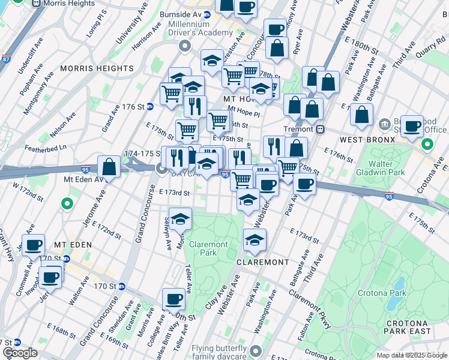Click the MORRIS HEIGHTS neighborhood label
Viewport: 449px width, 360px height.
coord(96,68)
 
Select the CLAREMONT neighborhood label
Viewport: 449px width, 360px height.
coord(262,262)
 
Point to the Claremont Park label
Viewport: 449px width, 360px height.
coord(208,248)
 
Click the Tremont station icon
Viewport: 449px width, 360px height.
coord(321,129)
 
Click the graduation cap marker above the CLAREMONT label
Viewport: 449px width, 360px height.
coord(255,241)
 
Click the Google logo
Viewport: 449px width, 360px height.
coord(20,353)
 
